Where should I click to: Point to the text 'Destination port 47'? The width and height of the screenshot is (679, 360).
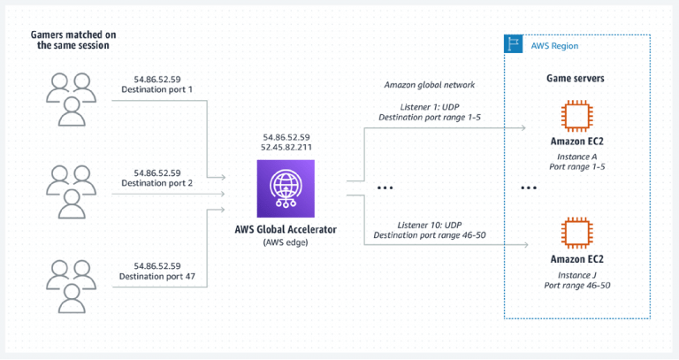[157, 277]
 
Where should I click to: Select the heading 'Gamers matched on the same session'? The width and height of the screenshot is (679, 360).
[72, 39]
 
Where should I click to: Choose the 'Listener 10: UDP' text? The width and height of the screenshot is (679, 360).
[430, 223]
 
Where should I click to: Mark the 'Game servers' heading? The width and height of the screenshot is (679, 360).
[576, 79]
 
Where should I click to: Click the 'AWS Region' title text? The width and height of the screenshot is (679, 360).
[555, 45]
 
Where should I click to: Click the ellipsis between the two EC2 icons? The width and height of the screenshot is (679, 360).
[529, 188]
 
